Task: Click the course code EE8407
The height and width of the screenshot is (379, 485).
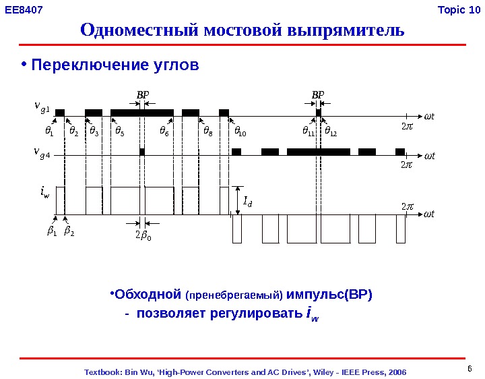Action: pyautogui.click(x=24, y=10)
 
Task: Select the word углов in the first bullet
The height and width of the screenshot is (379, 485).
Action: pyautogui.click(x=176, y=65)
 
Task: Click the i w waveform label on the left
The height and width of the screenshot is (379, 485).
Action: pyautogui.click(x=44, y=195)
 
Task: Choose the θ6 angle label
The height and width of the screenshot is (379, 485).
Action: pyautogui.click(x=164, y=130)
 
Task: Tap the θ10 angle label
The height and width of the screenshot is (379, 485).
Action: pyautogui.click(x=240, y=130)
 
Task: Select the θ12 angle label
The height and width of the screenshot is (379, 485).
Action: pyautogui.click(x=331, y=130)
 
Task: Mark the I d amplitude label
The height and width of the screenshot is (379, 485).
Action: pyautogui.click(x=248, y=200)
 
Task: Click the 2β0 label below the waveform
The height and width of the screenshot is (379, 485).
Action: pyautogui.click(x=143, y=235)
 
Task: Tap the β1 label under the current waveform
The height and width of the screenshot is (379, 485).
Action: pyautogui.click(x=51, y=231)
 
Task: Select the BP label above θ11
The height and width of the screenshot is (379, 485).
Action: pyautogui.click(x=317, y=95)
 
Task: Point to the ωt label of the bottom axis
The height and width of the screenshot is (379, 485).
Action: pyautogui.click(x=430, y=214)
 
